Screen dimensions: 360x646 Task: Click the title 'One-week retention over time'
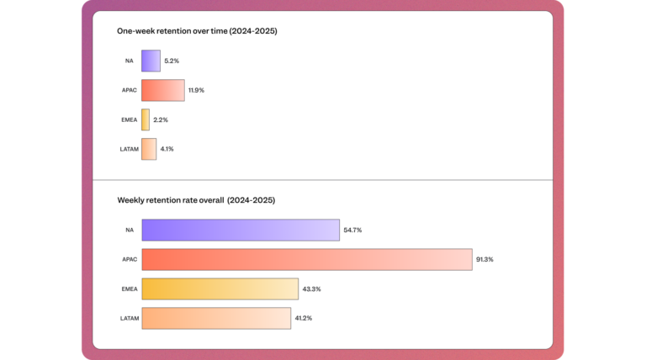coord(197,31)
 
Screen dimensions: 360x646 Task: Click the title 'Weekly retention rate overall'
coord(196,200)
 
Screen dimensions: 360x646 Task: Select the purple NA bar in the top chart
coord(151,61)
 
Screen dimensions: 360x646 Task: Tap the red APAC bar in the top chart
coord(163,90)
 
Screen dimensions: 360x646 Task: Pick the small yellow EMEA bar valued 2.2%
coord(146,119)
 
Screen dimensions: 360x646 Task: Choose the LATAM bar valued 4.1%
coord(149,149)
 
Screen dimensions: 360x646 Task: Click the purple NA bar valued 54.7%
coord(241,230)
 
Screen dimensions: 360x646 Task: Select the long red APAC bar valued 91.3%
coord(306,259)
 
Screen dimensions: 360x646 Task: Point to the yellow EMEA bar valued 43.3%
coord(220,289)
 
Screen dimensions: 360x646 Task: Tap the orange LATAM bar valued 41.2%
coord(216,318)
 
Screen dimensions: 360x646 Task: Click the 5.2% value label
coord(172,61)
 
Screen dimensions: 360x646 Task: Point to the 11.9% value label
coord(197,90)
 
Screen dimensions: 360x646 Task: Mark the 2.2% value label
coord(161,119)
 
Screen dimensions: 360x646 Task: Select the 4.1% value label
coord(167,149)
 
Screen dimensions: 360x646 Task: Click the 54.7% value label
coord(352,230)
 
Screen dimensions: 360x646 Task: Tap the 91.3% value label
coord(484,259)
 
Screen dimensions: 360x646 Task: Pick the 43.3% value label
coord(312,289)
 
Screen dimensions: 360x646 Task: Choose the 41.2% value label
coord(304,318)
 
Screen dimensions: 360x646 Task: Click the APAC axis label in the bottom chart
coord(129,259)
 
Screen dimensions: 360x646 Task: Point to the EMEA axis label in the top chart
coord(129,119)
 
